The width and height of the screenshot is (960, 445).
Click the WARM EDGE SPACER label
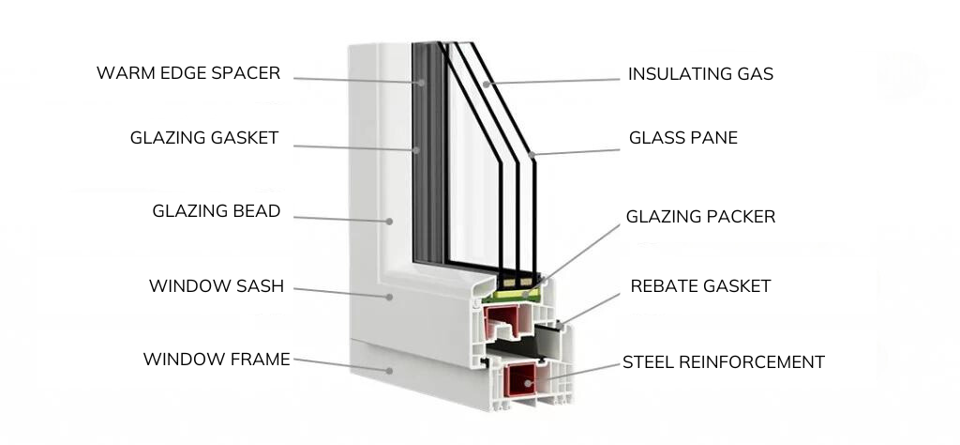tap(188, 73)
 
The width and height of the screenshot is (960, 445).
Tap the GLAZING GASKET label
tap(204, 138)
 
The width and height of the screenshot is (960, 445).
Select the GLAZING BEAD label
tap(217, 211)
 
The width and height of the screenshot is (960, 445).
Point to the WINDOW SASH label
tap(217, 285)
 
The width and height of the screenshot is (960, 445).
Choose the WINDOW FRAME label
tap(217, 359)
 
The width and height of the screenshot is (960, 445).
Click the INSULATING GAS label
tap(700, 74)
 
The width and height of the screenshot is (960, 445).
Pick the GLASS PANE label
tap(682, 138)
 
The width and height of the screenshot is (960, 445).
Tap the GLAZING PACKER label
tap(700, 217)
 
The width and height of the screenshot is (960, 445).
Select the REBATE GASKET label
tap(700, 285)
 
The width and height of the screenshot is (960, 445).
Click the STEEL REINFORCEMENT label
tap(724, 361)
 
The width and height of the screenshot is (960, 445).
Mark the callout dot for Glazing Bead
tap(388, 222)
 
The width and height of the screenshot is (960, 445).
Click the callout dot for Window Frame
tap(388, 371)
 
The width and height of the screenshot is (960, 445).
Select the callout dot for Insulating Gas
tap(487, 84)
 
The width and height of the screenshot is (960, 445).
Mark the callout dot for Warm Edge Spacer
tap(422, 83)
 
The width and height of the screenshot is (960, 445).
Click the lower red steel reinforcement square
tap(519, 383)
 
